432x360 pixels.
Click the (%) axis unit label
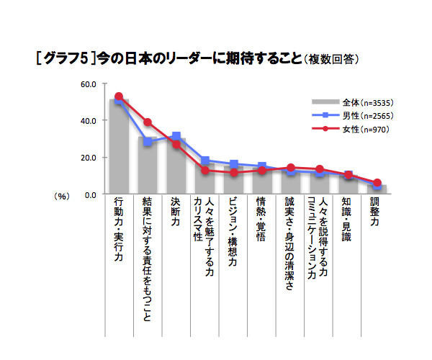pyautogui.click(x=61, y=195)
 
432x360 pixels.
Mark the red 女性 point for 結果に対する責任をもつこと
pyautogui.click(x=148, y=122)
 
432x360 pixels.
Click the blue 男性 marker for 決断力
pyautogui.click(x=176, y=136)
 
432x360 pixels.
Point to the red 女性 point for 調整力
pyautogui.click(x=377, y=183)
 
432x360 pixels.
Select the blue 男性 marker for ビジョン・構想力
pyautogui.click(x=233, y=164)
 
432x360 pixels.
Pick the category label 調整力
pyautogui.click(x=376, y=213)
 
